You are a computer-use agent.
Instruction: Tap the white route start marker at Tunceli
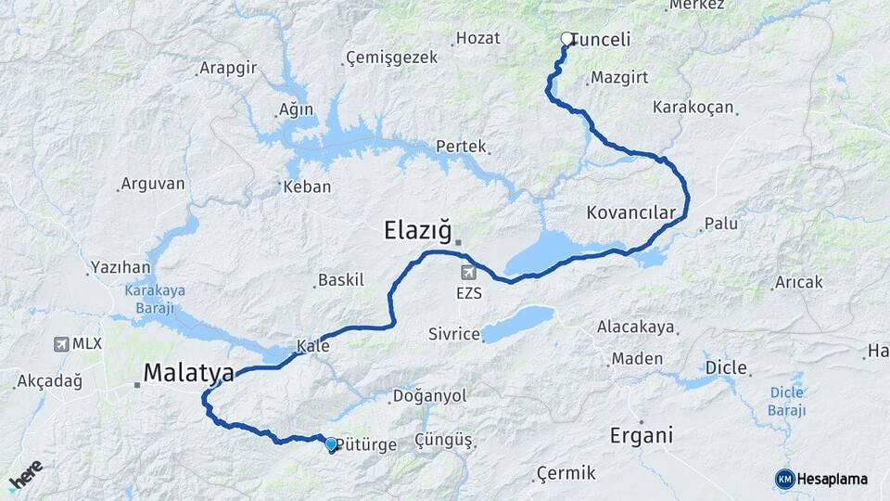point(567,39)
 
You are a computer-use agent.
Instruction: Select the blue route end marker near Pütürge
point(331,444)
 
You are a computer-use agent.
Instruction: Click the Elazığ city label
point(417,229)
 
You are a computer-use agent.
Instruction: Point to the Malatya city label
point(188,373)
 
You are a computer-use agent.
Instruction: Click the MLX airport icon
point(62,343)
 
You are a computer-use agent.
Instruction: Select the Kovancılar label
point(631,212)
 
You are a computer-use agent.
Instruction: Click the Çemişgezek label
point(390,58)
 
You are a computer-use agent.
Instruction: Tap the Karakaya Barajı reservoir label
point(155,298)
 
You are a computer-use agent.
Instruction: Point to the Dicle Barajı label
point(786,401)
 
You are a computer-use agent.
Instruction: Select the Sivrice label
point(453,334)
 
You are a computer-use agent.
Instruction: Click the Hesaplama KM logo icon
point(785,479)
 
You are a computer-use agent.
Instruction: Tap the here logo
point(25,474)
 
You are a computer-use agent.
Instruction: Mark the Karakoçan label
point(693,108)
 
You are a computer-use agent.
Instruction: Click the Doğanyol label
point(429,396)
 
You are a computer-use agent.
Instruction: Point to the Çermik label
point(566,473)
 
